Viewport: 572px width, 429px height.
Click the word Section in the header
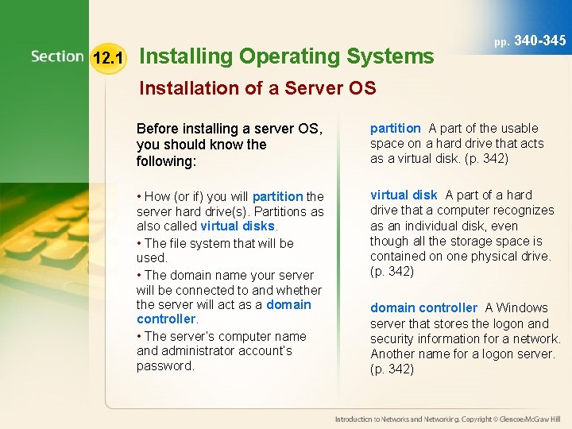pyautogui.click(x=57, y=56)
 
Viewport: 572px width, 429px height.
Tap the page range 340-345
pyautogui.click(x=540, y=39)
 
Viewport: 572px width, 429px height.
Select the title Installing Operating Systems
pyautogui.click(x=287, y=56)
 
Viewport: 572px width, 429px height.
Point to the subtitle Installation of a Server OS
pyautogui.click(x=257, y=88)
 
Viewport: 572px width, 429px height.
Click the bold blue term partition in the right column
pyautogui.click(x=396, y=128)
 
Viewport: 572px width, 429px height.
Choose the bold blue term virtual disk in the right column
pyautogui.click(x=404, y=195)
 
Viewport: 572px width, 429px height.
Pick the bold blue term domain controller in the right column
pyautogui.click(x=423, y=307)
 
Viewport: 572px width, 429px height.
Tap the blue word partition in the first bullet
pyautogui.click(x=277, y=196)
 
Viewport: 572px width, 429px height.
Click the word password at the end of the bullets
pyautogui.click(x=165, y=365)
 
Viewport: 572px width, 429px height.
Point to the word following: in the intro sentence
pyautogui.click(x=165, y=160)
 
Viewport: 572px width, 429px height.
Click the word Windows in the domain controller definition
pyautogui.click(x=523, y=307)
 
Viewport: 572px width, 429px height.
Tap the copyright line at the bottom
pyautogui.click(x=448, y=418)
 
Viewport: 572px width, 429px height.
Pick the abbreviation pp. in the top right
pyautogui.click(x=501, y=41)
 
